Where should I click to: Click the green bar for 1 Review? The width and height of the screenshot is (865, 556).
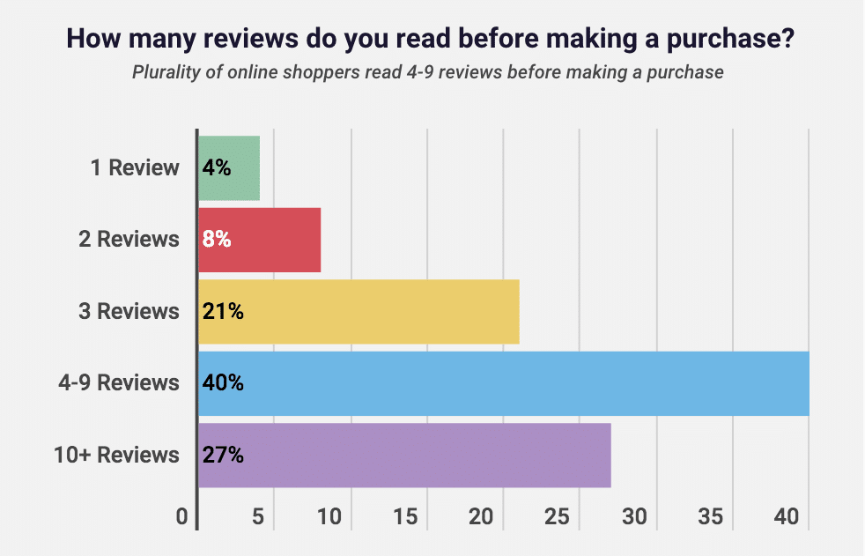pyautogui.click(x=229, y=168)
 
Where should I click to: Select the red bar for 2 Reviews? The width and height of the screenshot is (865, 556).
pyautogui.click(x=260, y=240)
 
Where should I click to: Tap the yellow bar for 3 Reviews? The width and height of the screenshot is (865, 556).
pyautogui.click(x=359, y=311)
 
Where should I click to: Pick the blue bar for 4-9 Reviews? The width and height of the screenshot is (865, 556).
pyautogui.click(x=503, y=383)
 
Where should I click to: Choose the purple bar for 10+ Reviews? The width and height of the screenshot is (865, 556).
pyautogui.click(x=404, y=456)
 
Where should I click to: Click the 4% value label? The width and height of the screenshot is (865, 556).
pyautogui.click(x=217, y=168)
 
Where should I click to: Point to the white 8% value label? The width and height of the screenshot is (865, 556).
pyautogui.click(x=217, y=240)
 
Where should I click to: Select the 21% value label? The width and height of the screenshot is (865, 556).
pyautogui.click(x=222, y=311)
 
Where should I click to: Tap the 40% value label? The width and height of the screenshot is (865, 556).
pyautogui.click(x=223, y=383)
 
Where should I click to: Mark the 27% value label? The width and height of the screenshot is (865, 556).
pyautogui.click(x=223, y=456)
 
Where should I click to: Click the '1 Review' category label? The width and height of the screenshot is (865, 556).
pyautogui.click(x=135, y=167)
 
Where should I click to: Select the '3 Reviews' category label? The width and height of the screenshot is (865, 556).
pyautogui.click(x=126, y=311)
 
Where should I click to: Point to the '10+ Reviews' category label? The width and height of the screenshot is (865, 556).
pyautogui.click(x=117, y=456)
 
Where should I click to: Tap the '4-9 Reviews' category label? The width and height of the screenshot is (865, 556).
pyautogui.click(x=118, y=383)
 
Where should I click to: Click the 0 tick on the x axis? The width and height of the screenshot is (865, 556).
pyautogui.click(x=182, y=516)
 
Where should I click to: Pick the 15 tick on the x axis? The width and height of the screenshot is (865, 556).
pyautogui.click(x=405, y=516)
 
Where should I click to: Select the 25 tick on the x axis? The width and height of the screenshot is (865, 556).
pyautogui.click(x=558, y=516)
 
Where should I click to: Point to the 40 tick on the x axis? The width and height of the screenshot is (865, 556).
pyautogui.click(x=786, y=516)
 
